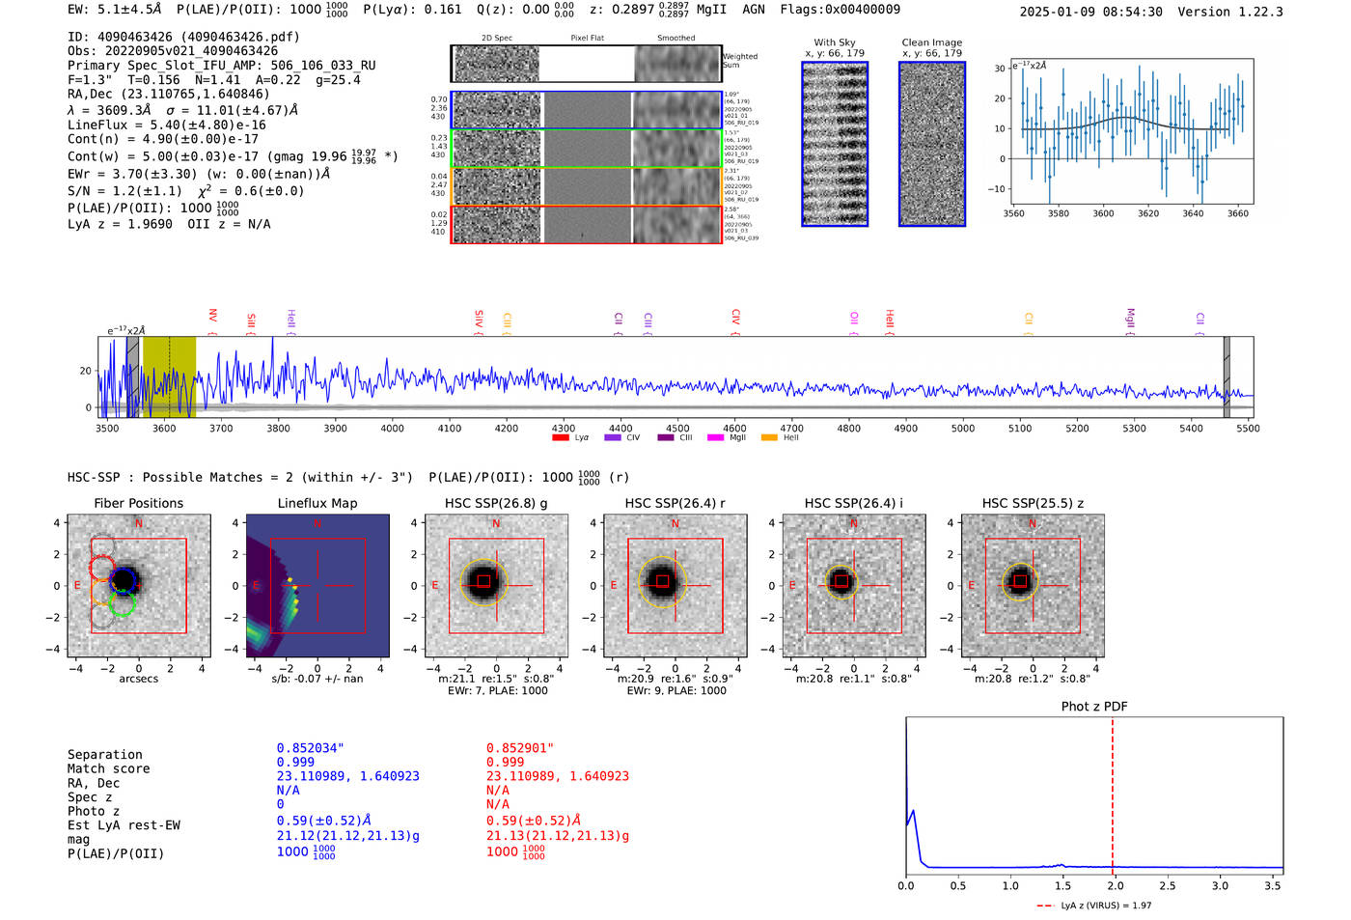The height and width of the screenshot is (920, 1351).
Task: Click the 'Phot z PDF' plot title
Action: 1094,707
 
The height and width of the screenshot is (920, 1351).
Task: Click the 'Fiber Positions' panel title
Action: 138,503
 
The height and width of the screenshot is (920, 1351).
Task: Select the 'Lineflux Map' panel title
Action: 317,503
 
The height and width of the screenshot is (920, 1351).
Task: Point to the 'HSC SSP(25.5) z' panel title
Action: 1033,503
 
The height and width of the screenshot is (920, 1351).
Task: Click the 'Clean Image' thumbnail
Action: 932,144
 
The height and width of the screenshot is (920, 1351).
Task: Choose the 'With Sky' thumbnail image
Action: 835,144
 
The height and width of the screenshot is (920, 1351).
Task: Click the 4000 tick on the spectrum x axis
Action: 392,428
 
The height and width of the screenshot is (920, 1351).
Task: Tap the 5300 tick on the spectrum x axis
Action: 1134,428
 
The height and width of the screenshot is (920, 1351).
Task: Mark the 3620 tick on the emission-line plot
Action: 1148,213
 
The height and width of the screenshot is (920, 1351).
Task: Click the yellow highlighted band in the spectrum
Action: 169,376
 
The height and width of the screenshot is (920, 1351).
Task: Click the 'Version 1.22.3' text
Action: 1231,12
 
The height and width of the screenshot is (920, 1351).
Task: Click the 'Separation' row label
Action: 104,755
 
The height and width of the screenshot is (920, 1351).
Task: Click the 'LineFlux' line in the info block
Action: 166,125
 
